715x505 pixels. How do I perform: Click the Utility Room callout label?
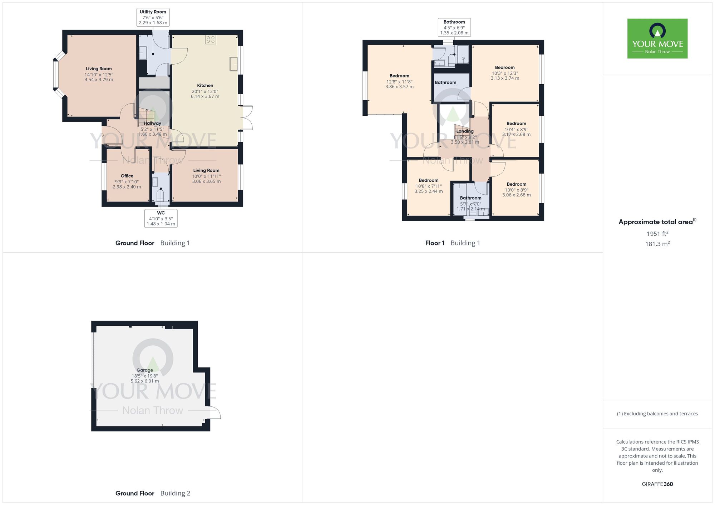point(153,17)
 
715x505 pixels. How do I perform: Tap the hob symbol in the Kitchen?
point(211,40)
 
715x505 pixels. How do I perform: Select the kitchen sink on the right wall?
point(234,64)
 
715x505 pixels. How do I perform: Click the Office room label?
point(127,176)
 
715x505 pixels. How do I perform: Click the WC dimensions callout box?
point(161,218)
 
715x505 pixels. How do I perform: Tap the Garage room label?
point(144,370)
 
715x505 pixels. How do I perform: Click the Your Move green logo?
point(657,39)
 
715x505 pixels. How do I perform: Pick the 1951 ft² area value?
point(657,234)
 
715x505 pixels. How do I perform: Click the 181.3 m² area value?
point(657,244)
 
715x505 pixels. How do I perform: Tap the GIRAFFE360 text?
point(657,484)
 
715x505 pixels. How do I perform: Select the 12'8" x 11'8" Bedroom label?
point(399,76)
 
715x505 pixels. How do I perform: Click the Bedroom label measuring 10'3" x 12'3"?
point(504,67)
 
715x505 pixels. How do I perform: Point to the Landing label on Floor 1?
point(465,131)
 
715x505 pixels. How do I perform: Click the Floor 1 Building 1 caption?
point(452,243)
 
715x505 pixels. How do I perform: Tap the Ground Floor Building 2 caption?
point(153,493)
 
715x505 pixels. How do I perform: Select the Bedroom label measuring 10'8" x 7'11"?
point(428,180)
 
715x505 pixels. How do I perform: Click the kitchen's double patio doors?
point(247,117)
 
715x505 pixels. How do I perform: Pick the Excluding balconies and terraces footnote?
point(657,414)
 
